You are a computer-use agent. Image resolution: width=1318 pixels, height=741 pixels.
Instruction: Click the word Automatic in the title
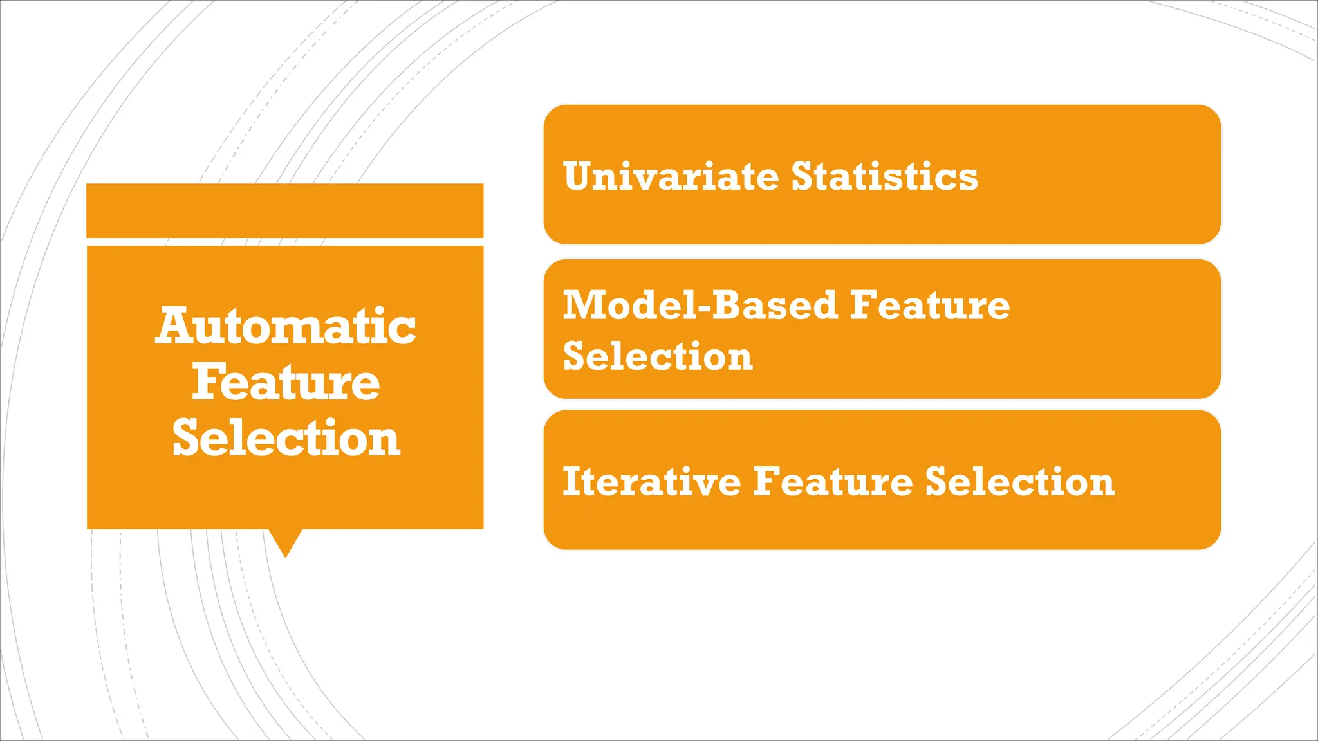(285, 326)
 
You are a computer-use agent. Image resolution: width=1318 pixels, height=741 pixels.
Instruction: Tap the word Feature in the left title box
(285, 382)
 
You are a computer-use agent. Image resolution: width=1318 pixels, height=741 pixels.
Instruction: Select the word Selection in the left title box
(286, 439)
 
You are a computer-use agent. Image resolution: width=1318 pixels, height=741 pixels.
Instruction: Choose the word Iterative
(651, 482)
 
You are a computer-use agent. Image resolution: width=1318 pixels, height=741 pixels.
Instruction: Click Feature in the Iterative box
(833, 482)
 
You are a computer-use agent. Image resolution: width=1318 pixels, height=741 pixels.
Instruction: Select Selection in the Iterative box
(1019, 482)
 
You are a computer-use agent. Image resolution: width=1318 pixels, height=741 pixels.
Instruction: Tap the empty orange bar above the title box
(285, 210)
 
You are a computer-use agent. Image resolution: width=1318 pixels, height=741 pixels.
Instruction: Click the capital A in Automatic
(175, 326)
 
